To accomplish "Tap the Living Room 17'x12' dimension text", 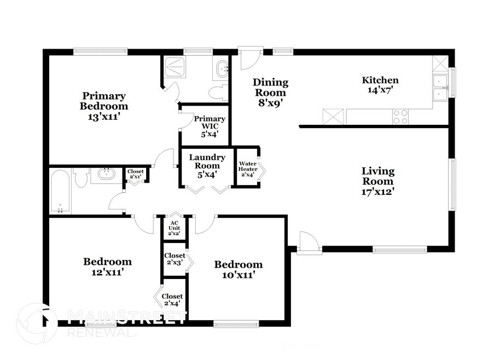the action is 378,191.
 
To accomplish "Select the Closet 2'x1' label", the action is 136,174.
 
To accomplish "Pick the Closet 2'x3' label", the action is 174,259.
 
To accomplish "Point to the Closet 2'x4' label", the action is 172,300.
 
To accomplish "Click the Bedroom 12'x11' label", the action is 107,266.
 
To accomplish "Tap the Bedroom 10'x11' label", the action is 238,269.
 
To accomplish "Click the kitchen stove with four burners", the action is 400,117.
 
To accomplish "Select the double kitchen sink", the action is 440,88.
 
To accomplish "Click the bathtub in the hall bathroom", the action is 60,191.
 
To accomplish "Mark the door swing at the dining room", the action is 251,59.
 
